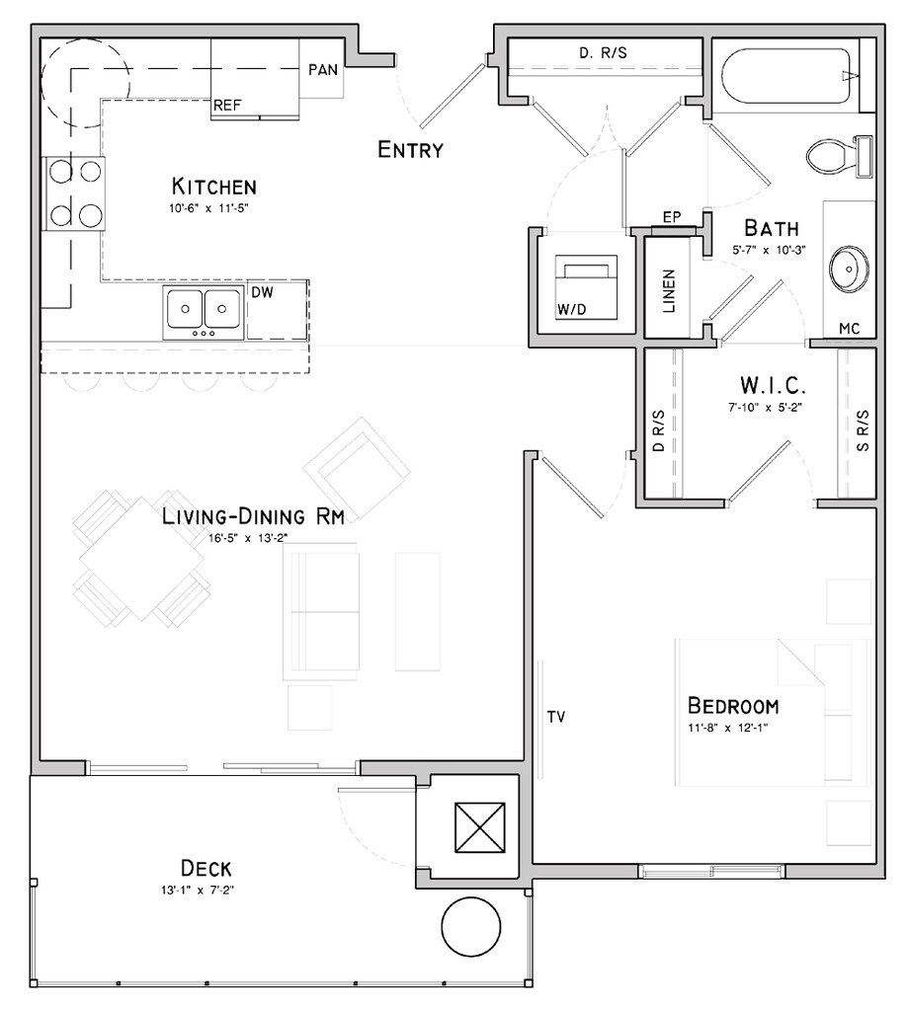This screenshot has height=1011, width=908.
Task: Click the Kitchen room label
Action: point(214,187)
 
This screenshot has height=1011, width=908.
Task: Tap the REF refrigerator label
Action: point(227,105)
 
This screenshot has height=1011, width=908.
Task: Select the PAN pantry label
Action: point(323,70)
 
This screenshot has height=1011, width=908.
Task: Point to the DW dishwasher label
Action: point(263,292)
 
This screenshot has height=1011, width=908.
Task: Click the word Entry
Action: point(410,150)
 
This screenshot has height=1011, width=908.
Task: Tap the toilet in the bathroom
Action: point(839,157)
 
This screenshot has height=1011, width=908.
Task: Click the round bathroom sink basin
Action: point(849,269)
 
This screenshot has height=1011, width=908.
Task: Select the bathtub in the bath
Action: point(790,75)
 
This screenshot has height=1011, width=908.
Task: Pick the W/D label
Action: point(572,309)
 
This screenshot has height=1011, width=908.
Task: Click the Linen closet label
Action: point(669,291)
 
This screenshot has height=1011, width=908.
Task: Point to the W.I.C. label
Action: point(773,386)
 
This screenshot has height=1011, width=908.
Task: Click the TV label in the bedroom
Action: point(556,717)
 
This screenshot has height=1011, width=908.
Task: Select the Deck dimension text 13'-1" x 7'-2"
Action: point(198,891)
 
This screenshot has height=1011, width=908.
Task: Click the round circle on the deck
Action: point(471,926)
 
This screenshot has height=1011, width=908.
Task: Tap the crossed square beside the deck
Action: point(479,826)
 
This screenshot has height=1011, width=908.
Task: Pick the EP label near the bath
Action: point(672,216)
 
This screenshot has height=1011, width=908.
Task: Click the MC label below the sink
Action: point(850,328)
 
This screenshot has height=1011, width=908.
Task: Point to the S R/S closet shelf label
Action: point(863,430)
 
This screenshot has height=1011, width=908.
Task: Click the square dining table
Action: point(142,559)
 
